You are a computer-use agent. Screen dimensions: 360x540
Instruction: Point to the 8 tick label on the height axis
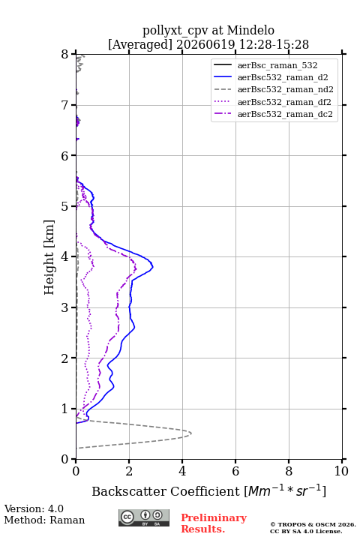point(65,55)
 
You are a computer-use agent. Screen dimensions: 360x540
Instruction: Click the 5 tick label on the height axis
point(65,206)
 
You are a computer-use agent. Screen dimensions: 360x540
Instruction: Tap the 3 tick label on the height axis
point(65,307)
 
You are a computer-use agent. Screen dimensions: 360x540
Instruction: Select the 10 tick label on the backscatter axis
point(341,471)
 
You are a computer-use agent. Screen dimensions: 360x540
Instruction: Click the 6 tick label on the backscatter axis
point(235,471)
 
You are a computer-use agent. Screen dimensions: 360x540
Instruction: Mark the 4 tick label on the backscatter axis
point(182,471)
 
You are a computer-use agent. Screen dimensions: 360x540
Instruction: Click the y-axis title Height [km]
point(49,257)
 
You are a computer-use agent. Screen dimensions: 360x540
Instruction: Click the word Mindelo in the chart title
point(250,30)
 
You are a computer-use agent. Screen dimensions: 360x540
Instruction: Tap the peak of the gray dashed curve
point(191,433)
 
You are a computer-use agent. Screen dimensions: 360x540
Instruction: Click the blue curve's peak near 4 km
point(152,266)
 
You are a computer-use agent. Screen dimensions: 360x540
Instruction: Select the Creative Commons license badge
point(144,517)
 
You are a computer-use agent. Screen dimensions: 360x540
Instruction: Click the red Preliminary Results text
point(214,523)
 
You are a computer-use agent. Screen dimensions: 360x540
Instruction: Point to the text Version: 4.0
point(34,508)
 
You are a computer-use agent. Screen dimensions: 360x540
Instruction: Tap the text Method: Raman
point(44,520)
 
